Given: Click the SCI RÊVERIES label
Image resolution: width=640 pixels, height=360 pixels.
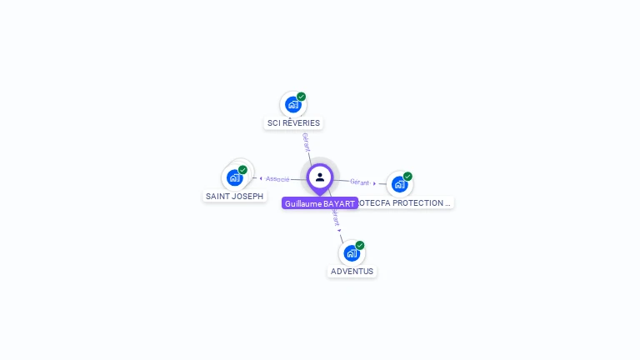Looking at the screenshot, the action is point(293,123).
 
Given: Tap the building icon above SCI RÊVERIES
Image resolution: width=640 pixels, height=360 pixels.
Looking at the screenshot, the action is point(292,104).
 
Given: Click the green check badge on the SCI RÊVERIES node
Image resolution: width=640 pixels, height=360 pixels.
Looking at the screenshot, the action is point(302,97).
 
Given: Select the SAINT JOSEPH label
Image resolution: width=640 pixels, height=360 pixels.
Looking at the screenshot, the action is point(235,197).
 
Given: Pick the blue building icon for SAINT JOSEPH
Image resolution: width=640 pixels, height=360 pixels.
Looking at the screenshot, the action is point(234,177).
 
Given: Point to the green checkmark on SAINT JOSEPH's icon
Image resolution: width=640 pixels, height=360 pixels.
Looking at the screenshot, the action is point(242,170).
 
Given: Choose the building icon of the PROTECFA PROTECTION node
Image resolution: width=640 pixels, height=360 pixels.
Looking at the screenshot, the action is point(399,183).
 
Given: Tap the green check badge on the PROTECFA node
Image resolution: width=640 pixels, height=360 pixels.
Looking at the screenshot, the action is point(407,176).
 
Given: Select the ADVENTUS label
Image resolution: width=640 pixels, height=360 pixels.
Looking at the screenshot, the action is point(352,272).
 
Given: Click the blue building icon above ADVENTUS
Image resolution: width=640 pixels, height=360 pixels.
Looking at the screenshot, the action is point(351,252).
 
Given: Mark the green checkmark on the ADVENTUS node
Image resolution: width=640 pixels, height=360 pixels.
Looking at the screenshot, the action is point(360,245).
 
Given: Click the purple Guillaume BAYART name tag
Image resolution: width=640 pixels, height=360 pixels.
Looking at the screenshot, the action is point(320,203).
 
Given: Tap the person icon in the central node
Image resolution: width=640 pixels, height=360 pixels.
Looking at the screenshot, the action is point(320,177).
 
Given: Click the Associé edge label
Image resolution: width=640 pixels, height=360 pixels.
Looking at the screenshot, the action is point(278,178).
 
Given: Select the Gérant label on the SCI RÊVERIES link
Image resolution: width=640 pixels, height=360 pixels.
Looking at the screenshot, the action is point(306,142).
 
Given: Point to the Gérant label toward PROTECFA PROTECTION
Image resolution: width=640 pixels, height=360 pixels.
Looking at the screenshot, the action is point(360,182).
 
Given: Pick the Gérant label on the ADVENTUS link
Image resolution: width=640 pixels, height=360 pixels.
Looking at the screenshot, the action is point(335,217).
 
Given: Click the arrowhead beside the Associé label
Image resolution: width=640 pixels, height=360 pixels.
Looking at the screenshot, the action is point(261,178).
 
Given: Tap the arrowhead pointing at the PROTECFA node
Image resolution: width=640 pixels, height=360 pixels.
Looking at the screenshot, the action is point(375,182).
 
